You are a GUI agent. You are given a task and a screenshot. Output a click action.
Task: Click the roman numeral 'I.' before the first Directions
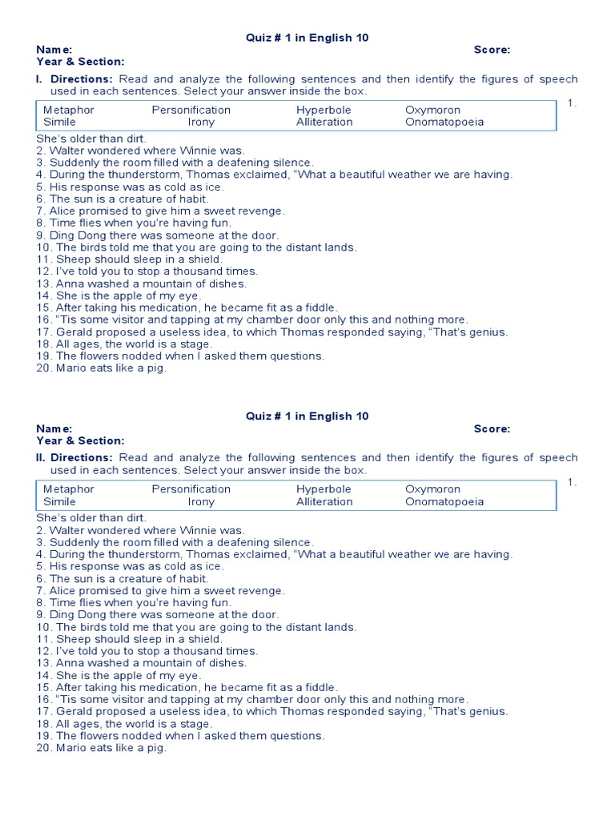point(41,79)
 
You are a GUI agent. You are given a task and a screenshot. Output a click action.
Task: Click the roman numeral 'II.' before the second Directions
point(42,458)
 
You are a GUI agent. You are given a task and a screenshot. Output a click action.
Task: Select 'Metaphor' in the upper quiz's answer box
point(68,110)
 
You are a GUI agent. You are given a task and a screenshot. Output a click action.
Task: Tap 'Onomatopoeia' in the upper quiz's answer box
point(444,122)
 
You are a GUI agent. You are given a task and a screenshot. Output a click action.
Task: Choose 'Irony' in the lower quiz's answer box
point(201,501)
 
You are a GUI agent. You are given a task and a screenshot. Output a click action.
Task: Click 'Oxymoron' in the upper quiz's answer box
point(432,110)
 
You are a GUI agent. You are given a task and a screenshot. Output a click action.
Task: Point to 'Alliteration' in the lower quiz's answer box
point(324,501)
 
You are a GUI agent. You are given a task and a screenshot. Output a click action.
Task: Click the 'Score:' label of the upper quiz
point(492,50)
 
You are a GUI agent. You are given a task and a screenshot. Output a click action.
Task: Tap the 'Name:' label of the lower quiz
point(54,428)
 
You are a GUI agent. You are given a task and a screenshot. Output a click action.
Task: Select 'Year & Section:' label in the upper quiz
point(80,62)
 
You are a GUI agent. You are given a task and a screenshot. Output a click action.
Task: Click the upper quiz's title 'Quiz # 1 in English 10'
point(307,37)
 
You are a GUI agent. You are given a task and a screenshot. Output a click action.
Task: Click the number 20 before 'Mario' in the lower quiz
point(43,748)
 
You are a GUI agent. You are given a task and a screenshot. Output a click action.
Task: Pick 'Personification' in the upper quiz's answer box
point(191,110)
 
